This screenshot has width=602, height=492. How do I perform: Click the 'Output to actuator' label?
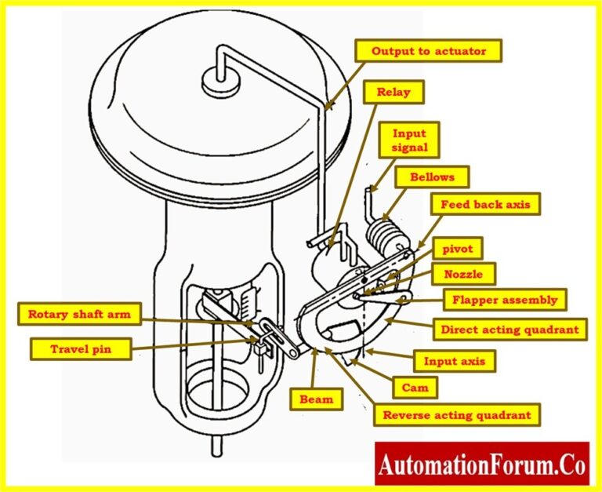coord(428,52)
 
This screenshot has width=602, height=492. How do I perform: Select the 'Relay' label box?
coord(393,93)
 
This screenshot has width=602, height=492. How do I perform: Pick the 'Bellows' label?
coord(431,177)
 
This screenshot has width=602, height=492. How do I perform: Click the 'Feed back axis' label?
coord(484,204)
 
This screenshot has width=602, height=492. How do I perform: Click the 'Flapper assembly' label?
coord(505,299)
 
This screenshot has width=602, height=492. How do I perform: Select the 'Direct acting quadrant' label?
coord(510,330)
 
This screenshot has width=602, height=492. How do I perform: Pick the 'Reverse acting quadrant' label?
coord(456,414)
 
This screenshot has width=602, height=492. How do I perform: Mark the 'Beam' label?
coord(317,399)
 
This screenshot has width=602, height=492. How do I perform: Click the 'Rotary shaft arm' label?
coord(80,315)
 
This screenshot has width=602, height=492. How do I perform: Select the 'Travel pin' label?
coord(80,349)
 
